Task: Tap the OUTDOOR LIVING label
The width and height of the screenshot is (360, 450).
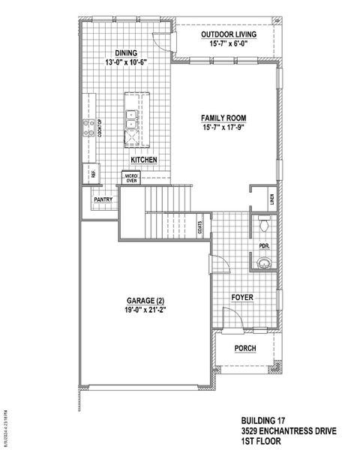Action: click(229, 35)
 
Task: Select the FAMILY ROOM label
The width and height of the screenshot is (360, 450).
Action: click(223, 118)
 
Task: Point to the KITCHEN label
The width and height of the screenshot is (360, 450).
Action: click(143, 160)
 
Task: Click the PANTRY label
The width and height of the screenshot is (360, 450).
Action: click(103, 199)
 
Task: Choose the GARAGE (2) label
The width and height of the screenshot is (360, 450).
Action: click(145, 300)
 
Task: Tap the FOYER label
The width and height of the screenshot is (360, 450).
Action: click(241, 298)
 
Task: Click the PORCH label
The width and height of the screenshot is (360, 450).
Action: click(244, 348)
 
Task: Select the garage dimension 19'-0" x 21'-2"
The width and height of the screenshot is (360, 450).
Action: click(145, 310)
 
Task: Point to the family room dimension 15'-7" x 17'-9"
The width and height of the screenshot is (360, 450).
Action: click(223, 128)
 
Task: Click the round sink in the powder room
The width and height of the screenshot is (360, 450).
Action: click(263, 262)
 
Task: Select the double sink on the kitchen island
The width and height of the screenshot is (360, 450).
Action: click(131, 116)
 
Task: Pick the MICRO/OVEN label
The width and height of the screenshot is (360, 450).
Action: click(132, 178)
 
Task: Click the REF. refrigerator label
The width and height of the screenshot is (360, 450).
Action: click(94, 173)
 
